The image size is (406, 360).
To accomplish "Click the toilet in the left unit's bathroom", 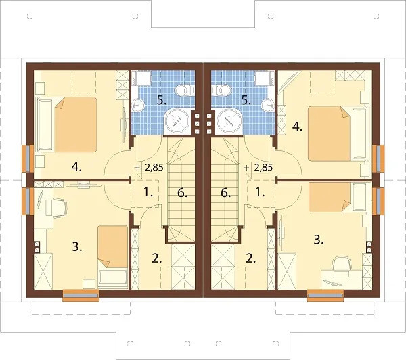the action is click(x=184, y=90).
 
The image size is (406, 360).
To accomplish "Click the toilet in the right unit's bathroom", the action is click(x=222, y=90).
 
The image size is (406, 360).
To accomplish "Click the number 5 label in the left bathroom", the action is click(x=162, y=101).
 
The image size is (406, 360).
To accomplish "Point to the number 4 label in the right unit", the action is click(x=298, y=127).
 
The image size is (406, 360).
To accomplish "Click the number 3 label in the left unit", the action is click(x=77, y=247).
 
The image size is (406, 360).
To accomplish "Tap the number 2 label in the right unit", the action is click(x=250, y=258).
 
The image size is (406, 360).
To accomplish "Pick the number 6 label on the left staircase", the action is click(x=183, y=193).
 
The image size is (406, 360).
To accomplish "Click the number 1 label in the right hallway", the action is click(x=260, y=192).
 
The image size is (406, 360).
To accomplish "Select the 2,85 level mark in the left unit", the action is click(x=154, y=168).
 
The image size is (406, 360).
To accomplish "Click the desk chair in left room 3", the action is click(x=60, y=207).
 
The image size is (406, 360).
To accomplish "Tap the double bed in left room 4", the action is click(x=67, y=125).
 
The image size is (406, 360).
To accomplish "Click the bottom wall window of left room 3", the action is click(x=81, y=296).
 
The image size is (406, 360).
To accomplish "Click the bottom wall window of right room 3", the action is click(x=325, y=296).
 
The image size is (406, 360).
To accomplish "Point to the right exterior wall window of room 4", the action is click(x=378, y=158).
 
